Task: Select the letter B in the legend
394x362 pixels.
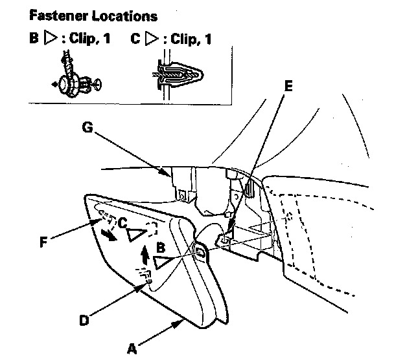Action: coord(33,39)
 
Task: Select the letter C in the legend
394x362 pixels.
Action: coord(135,39)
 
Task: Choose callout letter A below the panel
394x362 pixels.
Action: coord(133,349)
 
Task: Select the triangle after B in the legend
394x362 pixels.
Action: coord(51,39)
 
